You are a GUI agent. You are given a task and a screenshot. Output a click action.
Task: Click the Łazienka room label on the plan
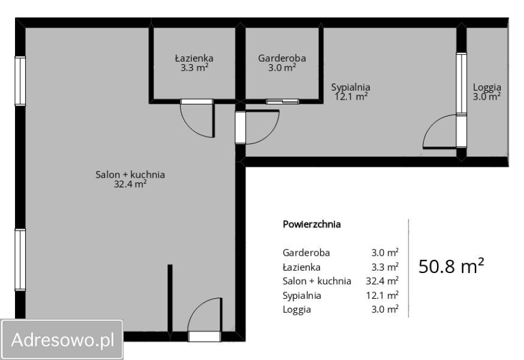point(194,58)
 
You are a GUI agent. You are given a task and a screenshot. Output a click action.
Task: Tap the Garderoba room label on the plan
point(282,58)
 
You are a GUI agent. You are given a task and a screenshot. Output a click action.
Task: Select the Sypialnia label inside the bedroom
point(351,87)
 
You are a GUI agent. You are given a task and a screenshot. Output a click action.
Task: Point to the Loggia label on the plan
point(487,87)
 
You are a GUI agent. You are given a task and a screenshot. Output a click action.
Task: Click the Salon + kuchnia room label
point(130,175)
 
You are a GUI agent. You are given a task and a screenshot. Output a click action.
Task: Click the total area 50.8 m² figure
point(451,266)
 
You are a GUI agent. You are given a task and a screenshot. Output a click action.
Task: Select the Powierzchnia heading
point(312,224)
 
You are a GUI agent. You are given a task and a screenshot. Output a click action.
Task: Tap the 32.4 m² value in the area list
point(382,281)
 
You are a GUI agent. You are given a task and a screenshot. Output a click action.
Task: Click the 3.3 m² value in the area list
point(385,267)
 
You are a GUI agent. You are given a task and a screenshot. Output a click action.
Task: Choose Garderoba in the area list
point(306,253)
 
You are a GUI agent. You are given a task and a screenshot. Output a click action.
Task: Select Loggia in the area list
point(297,310)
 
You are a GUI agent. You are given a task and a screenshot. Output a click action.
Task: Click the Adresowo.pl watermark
point(63,340)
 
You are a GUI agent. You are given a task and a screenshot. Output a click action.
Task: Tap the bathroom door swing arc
point(190,127)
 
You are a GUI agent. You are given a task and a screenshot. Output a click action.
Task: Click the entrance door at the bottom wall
point(205,336)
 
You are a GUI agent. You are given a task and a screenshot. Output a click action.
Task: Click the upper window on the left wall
point(20,81)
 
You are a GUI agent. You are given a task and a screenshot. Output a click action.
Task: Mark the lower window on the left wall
point(20,259)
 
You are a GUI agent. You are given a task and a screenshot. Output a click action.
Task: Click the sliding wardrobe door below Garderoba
point(282,101)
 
